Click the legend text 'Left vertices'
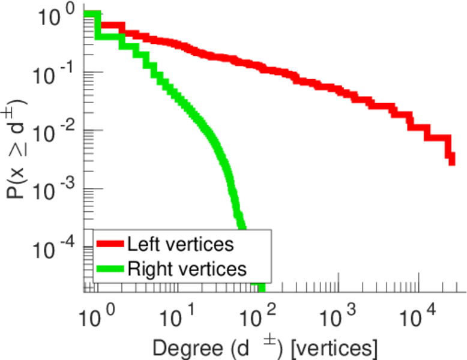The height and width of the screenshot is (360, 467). tap(180, 244)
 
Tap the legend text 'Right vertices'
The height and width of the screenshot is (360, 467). tap(186, 268)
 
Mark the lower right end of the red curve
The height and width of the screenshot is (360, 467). tap(451, 162)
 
